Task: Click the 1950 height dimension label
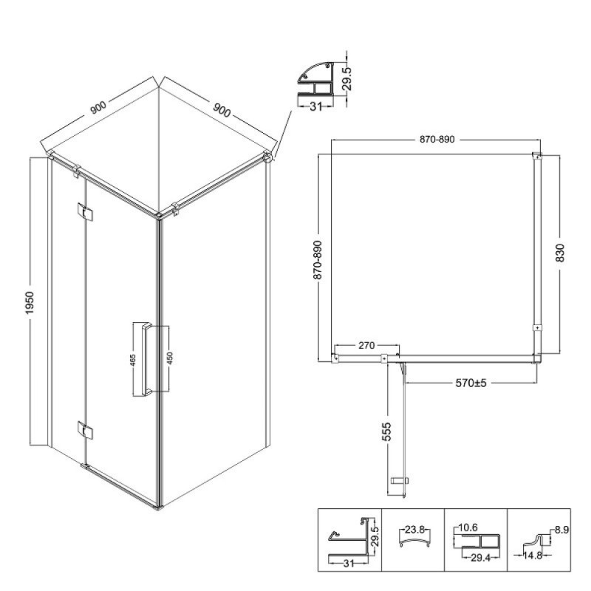30,303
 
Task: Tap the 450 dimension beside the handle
169,358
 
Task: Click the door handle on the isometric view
146,359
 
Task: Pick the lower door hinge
85,430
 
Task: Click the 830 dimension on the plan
561,253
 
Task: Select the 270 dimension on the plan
366,345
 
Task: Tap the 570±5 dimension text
471,383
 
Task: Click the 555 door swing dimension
387,431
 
